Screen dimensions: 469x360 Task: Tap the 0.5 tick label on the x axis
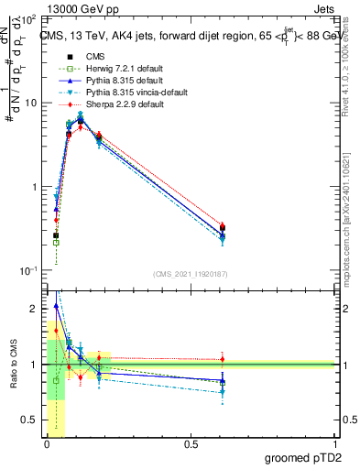[x=191, y=443]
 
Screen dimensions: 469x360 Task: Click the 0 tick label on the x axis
[x=47, y=443]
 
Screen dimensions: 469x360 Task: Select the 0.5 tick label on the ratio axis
[x=30, y=420]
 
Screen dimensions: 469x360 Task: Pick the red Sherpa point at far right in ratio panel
[x=223, y=359]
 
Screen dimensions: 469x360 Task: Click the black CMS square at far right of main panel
[x=223, y=228]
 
